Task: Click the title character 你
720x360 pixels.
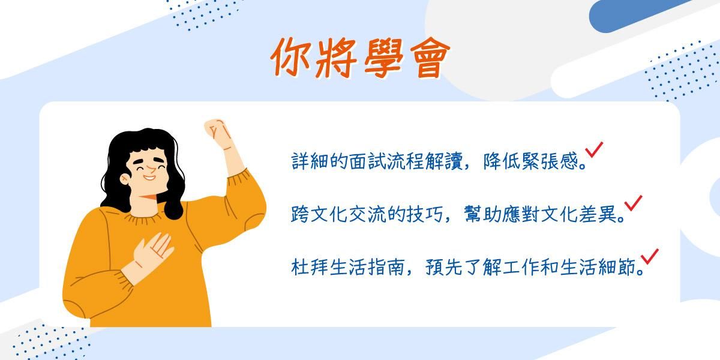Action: pyautogui.click(x=291, y=58)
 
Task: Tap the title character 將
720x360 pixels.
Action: pyautogui.click(x=336, y=58)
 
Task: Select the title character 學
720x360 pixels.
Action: pyautogui.click(x=383, y=58)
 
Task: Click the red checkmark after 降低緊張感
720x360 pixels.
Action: pyautogui.click(x=594, y=150)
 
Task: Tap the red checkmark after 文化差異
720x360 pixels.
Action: pyautogui.click(x=633, y=203)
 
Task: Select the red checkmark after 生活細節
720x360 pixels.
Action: pyautogui.click(x=650, y=257)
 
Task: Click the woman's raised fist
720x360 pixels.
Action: pyautogui.click(x=218, y=133)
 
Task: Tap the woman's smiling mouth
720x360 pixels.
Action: pyautogui.click(x=149, y=178)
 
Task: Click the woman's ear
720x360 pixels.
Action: pyautogui.click(x=124, y=179)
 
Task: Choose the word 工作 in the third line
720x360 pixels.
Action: pyautogui.click(x=521, y=267)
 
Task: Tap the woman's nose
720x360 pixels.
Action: pyautogui.click(x=151, y=169)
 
